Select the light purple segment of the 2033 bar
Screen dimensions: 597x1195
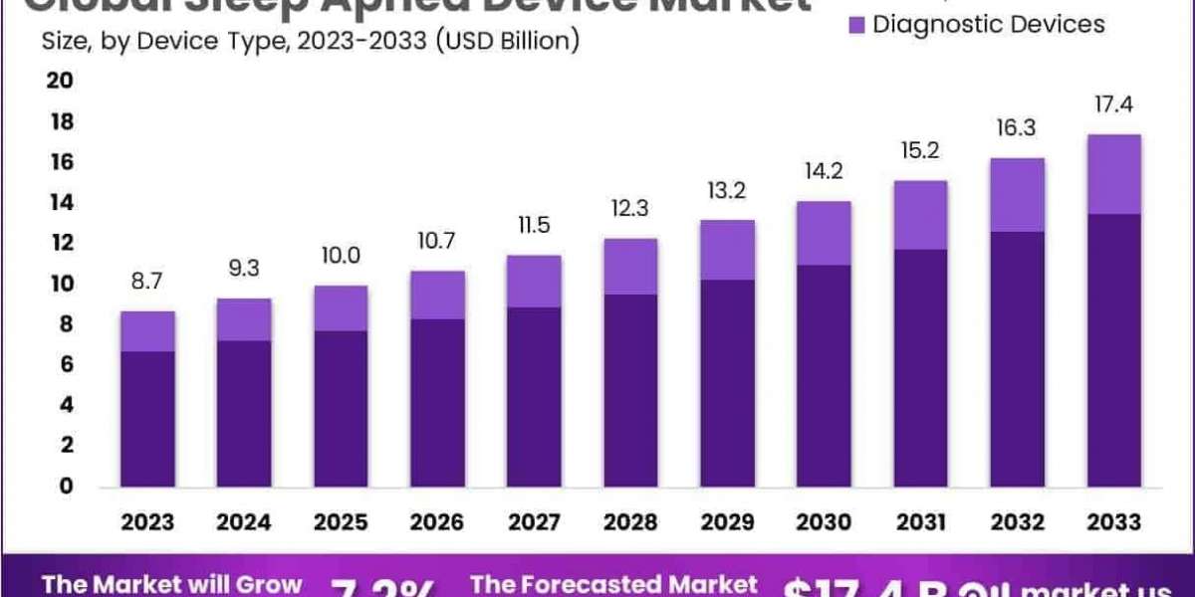(1113, 174)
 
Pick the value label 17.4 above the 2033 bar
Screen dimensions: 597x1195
(1113, 104)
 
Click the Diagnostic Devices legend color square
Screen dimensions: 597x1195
(854, 24)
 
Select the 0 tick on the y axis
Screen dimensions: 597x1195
(67, 487)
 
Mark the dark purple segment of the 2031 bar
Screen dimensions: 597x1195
(920, 367)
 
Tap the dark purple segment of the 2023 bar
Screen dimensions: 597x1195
(147, 418)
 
